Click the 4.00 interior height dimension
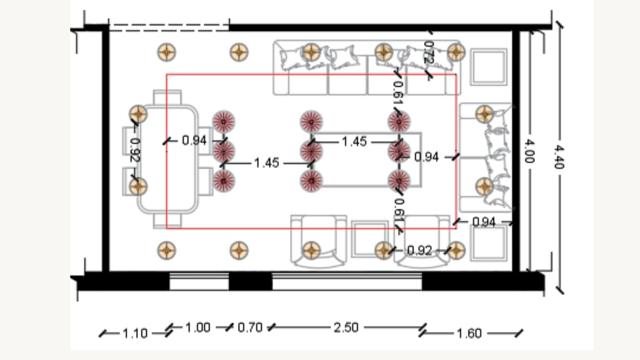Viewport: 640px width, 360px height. [x=529, y=152]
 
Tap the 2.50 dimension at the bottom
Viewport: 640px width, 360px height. [x=346, y=328]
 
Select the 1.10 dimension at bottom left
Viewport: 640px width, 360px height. [x=135, y=333]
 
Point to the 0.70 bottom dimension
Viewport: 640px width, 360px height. [x=250, y=328]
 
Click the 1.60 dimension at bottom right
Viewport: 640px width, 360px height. [x=469, y=333]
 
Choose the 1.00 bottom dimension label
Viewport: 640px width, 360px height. [x=198, y=328]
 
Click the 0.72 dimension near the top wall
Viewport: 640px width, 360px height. [x=428, y=52]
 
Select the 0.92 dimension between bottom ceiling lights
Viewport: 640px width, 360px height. [x=419, y=250]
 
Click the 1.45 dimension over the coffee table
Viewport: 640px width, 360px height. [x=354, y=142]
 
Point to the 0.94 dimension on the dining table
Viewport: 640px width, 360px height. [x=194, y=140]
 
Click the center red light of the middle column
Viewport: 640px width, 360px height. [x=311, y=151]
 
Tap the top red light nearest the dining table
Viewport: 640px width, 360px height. [x=224, y=122]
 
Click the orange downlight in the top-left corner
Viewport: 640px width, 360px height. [x=167, y=52]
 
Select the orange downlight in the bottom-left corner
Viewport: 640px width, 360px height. [x=167, y=250]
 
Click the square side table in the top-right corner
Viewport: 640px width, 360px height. [x=489, y=67]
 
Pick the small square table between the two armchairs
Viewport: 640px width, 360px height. [x=369, y=238]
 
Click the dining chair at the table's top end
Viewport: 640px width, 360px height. [x=167, y=97]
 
